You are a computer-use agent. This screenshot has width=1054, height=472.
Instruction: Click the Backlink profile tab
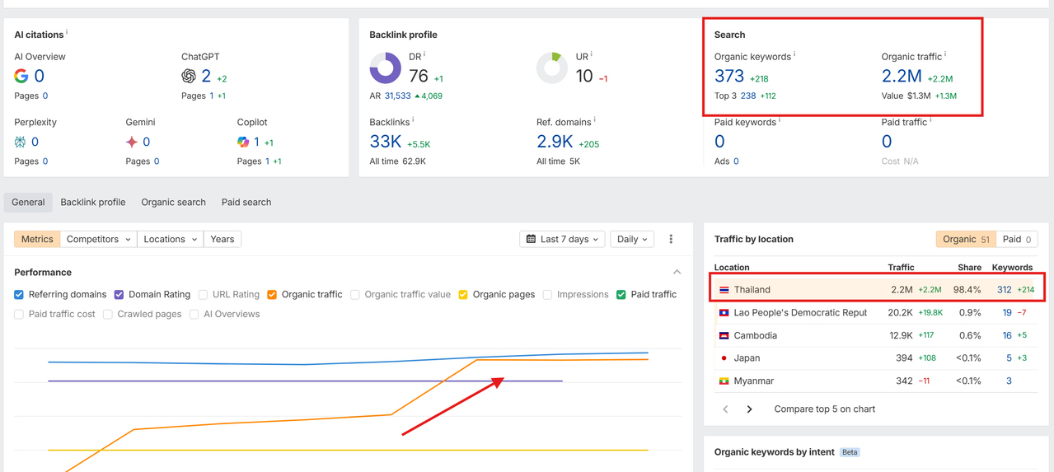(x=93, y=202)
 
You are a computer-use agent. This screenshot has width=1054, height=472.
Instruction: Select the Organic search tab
(x=173, y=202)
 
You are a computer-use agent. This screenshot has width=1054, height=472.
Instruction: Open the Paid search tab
(x=246, y=202)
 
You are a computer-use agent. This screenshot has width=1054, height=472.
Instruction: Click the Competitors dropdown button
(x=99, y=239)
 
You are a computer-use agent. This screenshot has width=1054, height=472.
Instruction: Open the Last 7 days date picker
(x=563, y=239)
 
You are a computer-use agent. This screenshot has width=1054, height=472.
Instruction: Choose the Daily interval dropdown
(x=632, y=239)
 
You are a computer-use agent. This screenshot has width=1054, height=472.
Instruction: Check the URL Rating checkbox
(x=203, y=294)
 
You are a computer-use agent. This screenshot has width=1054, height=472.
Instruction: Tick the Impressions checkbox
(x=547, y=294)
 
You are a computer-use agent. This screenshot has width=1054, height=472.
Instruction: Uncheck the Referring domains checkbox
(x=19, y=294)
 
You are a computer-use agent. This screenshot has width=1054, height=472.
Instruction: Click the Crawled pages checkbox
(x=108, y=314)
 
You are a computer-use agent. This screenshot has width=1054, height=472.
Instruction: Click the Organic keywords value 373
(x=729, y=77)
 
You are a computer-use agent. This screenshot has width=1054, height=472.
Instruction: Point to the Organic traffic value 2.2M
(x=902, y=77)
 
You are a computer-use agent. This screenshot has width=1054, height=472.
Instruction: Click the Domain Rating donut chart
(x=385, y=68)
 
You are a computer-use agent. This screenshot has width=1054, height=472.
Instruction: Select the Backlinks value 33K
(x=386, y=142)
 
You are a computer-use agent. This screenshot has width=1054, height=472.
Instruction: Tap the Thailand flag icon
(x=724, y=290)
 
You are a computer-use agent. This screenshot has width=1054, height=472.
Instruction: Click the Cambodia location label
(x=755, y=335)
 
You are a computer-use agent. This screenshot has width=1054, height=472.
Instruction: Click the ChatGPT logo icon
(x=189, y=77)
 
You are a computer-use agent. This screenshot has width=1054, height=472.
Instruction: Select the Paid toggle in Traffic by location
(x=1016, y=239)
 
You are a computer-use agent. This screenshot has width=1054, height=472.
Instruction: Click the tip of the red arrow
(x=503, y=379)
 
